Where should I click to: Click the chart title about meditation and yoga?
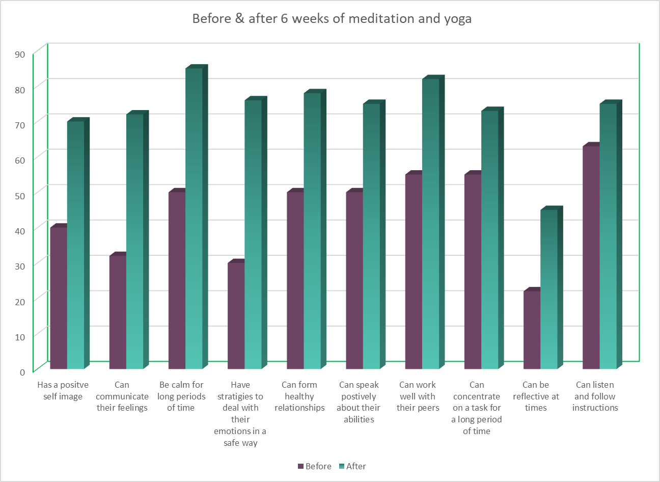(332, 19)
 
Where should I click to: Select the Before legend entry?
(314, 466)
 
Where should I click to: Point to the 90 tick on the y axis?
(20, 55)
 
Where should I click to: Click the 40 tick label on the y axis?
(20, 231)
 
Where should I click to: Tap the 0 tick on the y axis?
(22, 372)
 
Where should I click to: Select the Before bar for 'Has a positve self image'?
(59, 298)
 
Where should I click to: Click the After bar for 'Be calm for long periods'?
(194, 219)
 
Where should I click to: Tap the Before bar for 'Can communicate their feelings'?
(118, 312)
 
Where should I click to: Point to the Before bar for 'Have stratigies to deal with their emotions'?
(236, 316)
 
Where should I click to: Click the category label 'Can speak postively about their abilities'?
(359, 402)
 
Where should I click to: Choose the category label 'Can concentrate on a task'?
(477, 408)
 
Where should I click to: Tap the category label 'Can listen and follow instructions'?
(595, 396)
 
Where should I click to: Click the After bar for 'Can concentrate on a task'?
(489, 239)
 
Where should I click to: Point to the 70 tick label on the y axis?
(20, 125)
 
